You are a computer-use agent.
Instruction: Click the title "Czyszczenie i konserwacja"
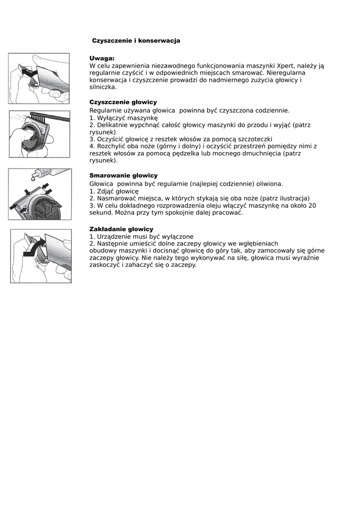tap(136, 41)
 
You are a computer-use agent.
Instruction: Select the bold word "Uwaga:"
tap(102, 58)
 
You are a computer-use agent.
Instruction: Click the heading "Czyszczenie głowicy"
tap(123, 102)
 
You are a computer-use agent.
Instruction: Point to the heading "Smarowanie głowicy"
tap(123, 175)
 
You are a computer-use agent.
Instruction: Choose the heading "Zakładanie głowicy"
tap(121, 229)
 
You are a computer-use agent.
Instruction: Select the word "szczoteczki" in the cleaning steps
tap(254, 139)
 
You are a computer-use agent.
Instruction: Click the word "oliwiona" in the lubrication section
tap(269, 183)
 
